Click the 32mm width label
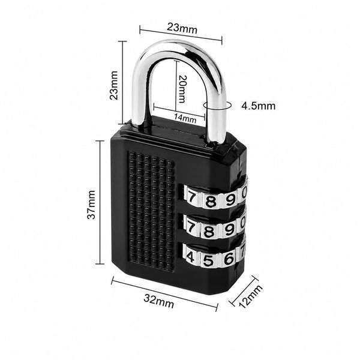click(159, 301)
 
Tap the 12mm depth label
click(250, 296)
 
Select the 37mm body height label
click(91, 205)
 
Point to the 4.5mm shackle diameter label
click(258, 106)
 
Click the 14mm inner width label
click(185, 118)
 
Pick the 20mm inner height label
click(182, 89)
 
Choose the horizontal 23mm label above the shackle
click(182, 28)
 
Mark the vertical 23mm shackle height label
click(113, 85)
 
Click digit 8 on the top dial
click(211, 202)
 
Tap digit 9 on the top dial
click(230, 200)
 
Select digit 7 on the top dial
click(191, 197)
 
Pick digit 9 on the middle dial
click(229, 229)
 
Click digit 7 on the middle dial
click(191, 227)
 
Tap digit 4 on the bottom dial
click(190, 257)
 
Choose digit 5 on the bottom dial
click(208, 260)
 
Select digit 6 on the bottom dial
click(229, 259)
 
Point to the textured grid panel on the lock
click(152, 211)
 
